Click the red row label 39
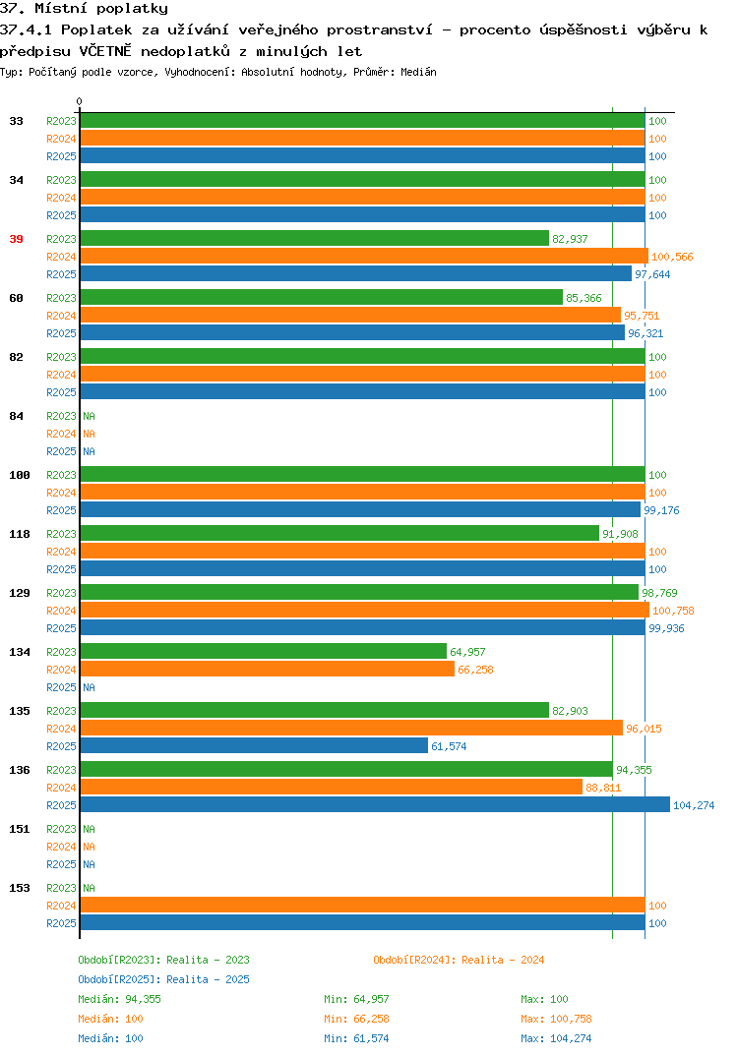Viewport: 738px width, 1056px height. click(16, 239)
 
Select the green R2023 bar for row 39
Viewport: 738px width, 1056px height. click(315, 238)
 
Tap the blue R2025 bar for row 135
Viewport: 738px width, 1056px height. click(254, 745)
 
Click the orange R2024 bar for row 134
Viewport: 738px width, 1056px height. click(268, 669)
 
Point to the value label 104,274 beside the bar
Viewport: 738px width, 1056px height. click(694, 805)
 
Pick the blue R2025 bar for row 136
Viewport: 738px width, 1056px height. click(376, 805)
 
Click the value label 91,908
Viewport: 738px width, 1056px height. click(620, 534)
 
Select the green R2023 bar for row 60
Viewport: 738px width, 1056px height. click(322, 297)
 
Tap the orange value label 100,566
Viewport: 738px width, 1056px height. click(672, 257)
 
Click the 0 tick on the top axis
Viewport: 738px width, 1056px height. click(80, 101)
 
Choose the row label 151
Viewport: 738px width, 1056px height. click(20, 829)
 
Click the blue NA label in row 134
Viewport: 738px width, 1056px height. click(89, 687)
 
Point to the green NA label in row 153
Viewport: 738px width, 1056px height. click(89, 888)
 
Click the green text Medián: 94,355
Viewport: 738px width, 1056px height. click(119, 999)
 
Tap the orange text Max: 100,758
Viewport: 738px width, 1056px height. click(556, 1019)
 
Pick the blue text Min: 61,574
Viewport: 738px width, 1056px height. click(356, 1038)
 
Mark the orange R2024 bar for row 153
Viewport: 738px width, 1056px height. click(362, 906)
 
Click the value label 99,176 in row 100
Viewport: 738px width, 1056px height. click(661, 510)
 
